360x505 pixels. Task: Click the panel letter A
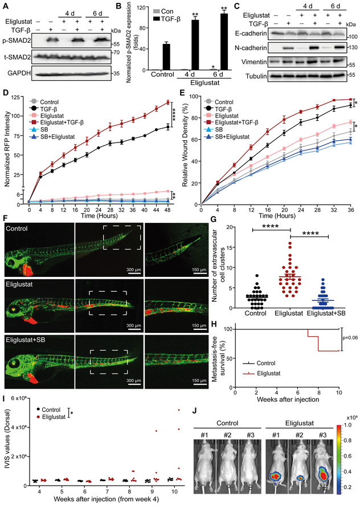(5, 5)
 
